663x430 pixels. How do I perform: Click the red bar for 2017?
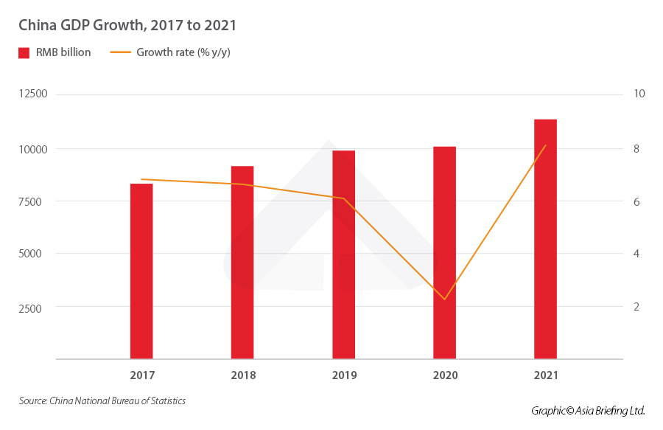(x=141, y=271)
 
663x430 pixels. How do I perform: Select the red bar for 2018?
(x=242, y=263)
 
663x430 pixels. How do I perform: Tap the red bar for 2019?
(x=343, y=254)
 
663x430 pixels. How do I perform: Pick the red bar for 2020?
(x=444, y=252)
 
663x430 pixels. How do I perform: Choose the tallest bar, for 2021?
(x=545, y=239)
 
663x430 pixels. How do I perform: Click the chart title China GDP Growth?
(x=127, y=25)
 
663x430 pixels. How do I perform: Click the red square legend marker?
(x=24, y=52)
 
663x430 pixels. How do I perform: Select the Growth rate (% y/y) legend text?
(x=183, y=52)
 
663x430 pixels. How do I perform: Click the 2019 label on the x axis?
(x=344, y=375)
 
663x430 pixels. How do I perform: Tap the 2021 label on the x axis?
(x=546, y=375)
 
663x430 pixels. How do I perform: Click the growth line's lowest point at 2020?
(x=444, y=299)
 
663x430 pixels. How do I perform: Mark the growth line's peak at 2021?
(x=545, y=145)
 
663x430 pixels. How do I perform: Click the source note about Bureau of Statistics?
(x=102, y=401)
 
